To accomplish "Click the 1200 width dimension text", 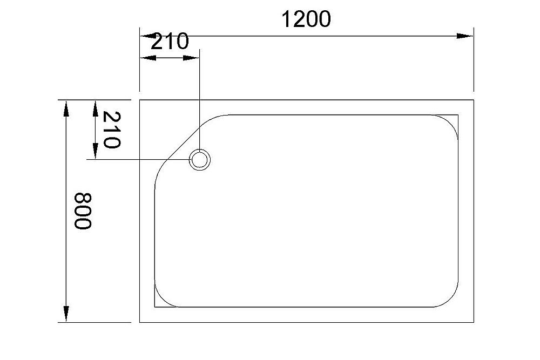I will [306, 19].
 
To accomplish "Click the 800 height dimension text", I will [82, 210].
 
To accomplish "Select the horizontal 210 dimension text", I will [170, 42].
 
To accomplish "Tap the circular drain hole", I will [199, 160].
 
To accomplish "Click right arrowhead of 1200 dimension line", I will [465, 36].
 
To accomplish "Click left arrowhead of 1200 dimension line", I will [148, 36].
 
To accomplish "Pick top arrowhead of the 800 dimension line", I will [66, 108].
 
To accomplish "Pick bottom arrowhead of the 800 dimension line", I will [66, 314].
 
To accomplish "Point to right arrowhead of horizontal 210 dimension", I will [192, 57].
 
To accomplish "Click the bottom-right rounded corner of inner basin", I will [451, 299].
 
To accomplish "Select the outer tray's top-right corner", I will [474, 100].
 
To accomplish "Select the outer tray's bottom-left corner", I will [140, 322].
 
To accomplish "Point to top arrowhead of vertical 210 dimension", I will [95, 108].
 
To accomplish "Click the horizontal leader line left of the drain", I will [135, 160].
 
